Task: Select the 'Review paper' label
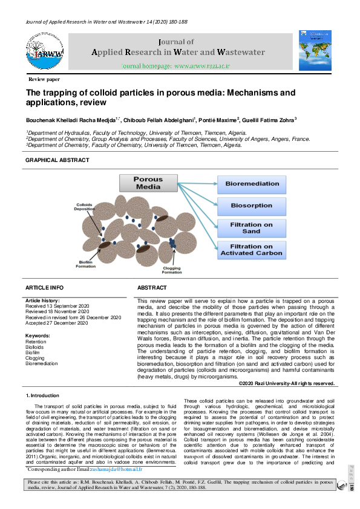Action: (44, 80)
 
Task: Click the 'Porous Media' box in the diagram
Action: (148, 183)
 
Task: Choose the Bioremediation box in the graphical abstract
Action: (252, 183)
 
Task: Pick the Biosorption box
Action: (252, 206)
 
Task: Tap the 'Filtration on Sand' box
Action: (252, 228)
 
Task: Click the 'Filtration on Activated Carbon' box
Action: (252, 250)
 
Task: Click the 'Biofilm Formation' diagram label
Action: (86, 264)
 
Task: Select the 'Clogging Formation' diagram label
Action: (171, 270)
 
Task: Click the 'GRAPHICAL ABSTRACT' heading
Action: (57, 160)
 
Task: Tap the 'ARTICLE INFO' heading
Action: (44, 288)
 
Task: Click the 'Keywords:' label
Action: (38, 336)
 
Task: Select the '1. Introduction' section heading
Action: (42, 395)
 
